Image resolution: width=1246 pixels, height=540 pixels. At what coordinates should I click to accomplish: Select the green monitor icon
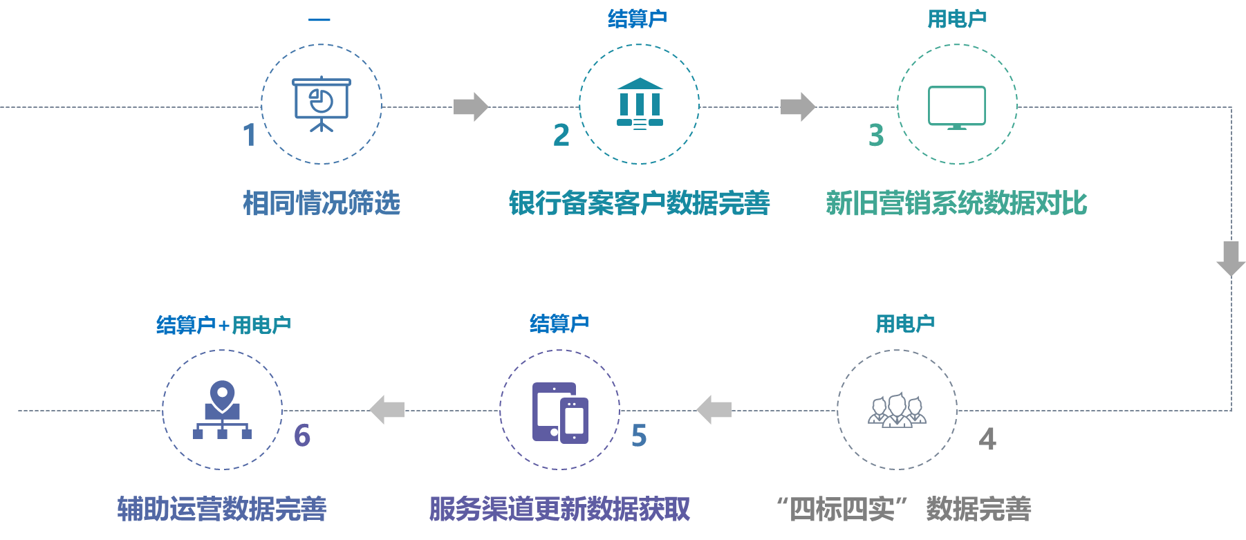pyautogui.click(x=957, y=107)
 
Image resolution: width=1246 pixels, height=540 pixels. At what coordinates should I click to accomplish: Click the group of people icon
pyautogui.click(x=897, y=410)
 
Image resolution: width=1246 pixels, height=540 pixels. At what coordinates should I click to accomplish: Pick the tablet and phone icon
pyautogui.click(x=560, y=412)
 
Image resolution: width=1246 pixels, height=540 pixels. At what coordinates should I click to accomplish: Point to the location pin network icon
pyautogui.click(x=222, y=410)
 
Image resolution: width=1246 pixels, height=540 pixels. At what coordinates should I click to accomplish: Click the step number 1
pyautogui.click(x=250, y=136)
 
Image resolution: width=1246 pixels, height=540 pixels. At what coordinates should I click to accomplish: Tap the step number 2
pyautogui.click(x=561, y=136)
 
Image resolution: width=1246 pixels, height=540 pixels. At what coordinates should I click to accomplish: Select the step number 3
pyautogui.click(x=876, y=136)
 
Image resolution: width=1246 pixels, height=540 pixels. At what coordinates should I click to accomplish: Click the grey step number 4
pyautogui.click(x=987, y=439)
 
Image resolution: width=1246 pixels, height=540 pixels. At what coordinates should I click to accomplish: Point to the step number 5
pyautogui.click(x=639, y=436)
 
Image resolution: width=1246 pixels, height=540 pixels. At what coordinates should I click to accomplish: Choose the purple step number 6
pyautogui.click(x=302, y=436)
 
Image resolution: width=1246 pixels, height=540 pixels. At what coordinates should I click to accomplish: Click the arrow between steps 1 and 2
pyautogui.click(x=471, y=106)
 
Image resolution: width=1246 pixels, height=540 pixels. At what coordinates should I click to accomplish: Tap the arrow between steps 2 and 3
pyautogui.click(x=798, y=106)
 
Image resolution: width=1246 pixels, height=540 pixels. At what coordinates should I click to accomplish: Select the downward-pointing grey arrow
pyautogui.click(x=1231, y=259)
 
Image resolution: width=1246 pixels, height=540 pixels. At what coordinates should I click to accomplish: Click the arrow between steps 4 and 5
pyautogui.click(x=714, y=409)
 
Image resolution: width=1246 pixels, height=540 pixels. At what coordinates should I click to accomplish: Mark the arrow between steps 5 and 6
pyautogui.click(x=387, y=409)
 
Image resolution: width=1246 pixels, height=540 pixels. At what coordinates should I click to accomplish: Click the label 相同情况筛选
pyautogui.click(x=322, y=203)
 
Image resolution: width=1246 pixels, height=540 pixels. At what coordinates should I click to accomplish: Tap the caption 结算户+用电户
pyautogui.click(x=223, y=324)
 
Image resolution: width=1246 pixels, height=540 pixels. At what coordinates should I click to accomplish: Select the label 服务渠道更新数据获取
pyautogui.click(x=559, y=509)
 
